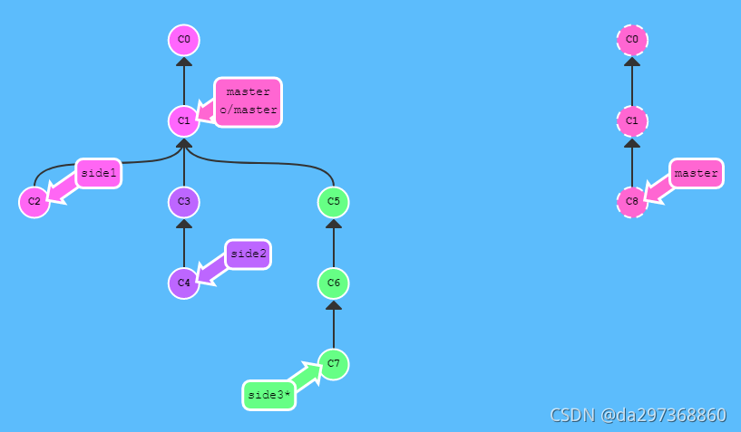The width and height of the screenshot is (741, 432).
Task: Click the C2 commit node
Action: pyautogui.click(x=34, y=201)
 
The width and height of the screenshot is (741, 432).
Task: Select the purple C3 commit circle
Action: pyautogui.click(x=184, y=201)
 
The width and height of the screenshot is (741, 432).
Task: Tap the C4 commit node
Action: pyautogui.click(x=184, y=283)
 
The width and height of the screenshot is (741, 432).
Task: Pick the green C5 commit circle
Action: pyautogui.click(x=334, y=201)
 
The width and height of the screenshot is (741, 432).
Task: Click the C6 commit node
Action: pyautogui.click(x=334, y=283)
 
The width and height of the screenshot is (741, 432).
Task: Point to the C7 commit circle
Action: pyautogui.click(x=334, y=364)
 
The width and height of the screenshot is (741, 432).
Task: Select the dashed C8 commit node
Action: pyautogui.click(x=632, y=201)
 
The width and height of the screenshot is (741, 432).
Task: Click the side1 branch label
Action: pyautogui.click(x=98, y=173)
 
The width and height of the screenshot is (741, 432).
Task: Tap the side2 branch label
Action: pyautogui.click(x=248, y=254)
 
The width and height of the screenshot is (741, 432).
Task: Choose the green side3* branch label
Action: pyautogui.click(x=268, y=395)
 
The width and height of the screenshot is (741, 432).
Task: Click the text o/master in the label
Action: pyautogui.click(x=248, y=110)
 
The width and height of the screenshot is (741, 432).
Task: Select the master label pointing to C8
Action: pyautogui.click(x=696, y=173)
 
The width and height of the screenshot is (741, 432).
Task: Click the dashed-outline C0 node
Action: pyautogui.click(x=632, y=40)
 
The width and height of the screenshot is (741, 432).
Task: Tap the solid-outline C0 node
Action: pyautogui.click(x=184, y=40)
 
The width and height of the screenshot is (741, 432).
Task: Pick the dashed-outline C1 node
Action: pyautogui.click(x=632, y=120)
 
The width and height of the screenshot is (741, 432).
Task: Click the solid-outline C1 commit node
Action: pyautogui.click(x=184, y=120)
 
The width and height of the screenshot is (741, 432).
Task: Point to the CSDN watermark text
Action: pyautogui.click(x=638, y=415)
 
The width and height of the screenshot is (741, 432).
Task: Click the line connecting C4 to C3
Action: pyautogui.click(x=184, y=245)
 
